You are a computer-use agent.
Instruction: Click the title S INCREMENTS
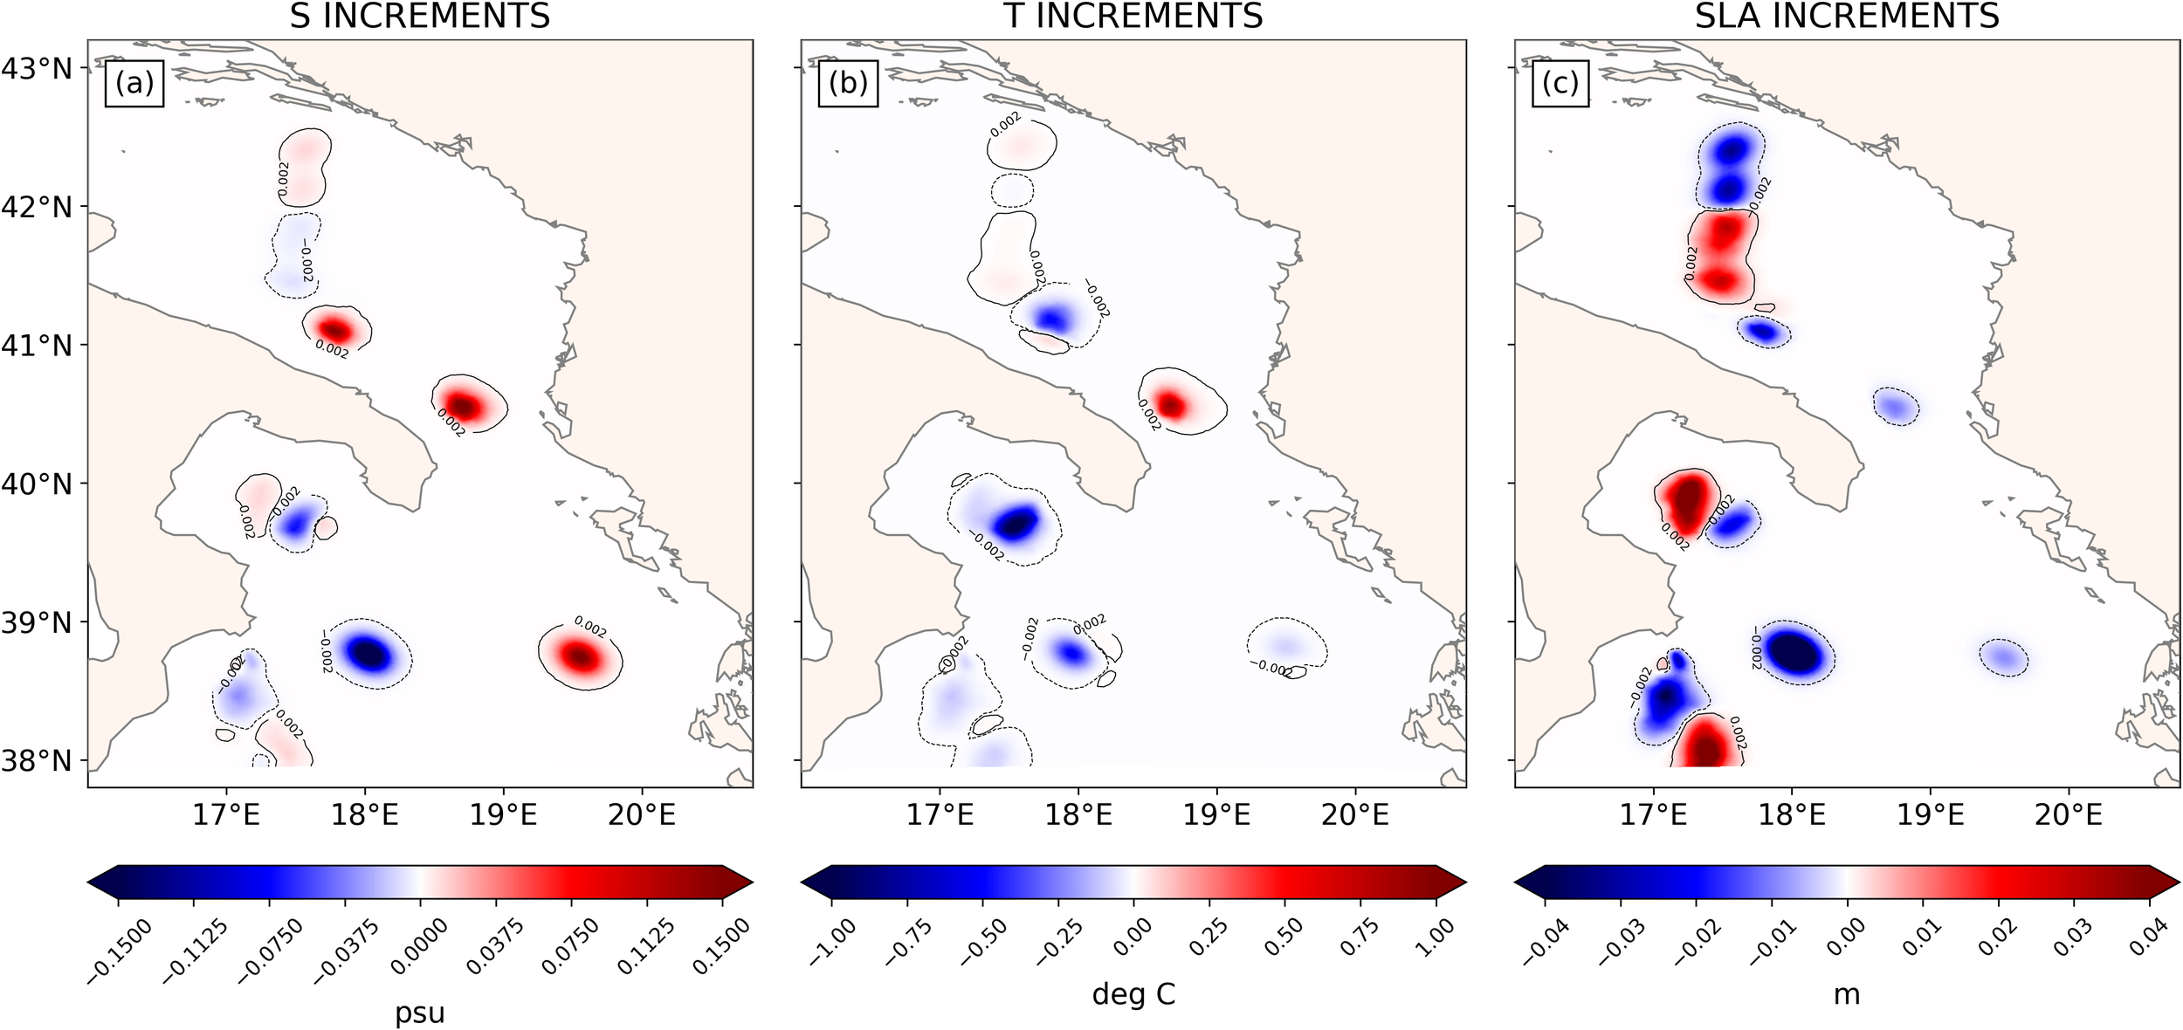coord(420,16)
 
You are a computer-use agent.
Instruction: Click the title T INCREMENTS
coord(1133,16)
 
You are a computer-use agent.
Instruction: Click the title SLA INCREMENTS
coord(1847,16)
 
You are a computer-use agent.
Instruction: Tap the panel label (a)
coord(134,83)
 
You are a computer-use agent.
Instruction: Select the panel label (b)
coord(848,83)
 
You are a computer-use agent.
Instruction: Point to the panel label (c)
coord(1560,83)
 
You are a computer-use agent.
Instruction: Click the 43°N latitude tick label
coord(37,68)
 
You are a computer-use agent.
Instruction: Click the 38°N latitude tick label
coord(37,760)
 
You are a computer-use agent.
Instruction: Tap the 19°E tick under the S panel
coord(503,815)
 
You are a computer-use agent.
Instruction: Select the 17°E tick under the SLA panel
coord(1653,815)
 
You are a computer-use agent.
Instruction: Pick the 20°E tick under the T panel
coord(1355,815)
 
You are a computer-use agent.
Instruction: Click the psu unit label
coord(420,1013)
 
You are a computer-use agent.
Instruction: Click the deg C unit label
coord(1133,994)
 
